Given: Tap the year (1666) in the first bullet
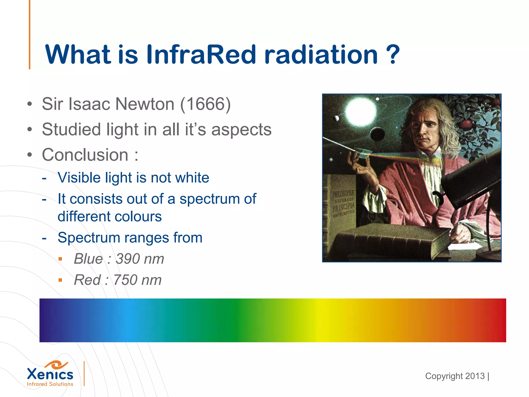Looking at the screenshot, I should [205, 104].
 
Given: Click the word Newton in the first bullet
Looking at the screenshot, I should [145, 104].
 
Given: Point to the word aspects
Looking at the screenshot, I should [242, 130].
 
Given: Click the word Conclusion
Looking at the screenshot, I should [85, 155].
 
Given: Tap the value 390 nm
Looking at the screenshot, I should [140, 259].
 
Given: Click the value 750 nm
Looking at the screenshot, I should [137, 280].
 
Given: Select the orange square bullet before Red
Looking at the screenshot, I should [60, 280].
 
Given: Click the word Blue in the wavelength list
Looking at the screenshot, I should [88, 259].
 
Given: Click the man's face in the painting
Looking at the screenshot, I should [424, 129].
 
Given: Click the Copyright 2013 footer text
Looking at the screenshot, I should [455, 376].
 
